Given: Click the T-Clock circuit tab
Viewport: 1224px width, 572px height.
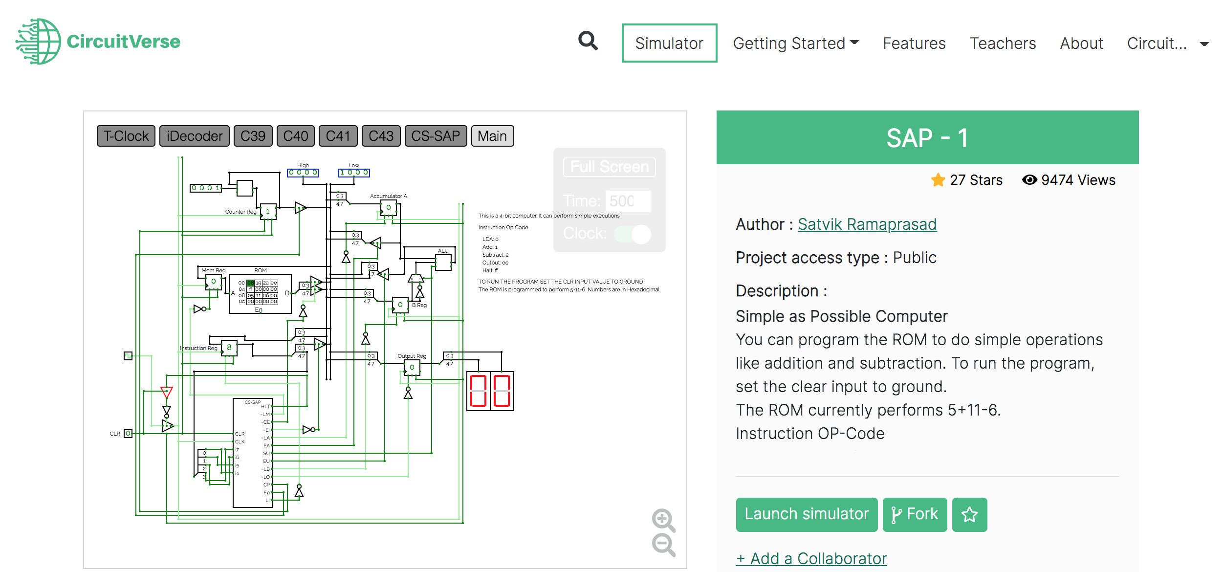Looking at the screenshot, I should coord(126,136).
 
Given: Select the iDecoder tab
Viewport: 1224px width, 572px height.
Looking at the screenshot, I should coord(194,136).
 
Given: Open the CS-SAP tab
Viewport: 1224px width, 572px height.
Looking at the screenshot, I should coord(435,136).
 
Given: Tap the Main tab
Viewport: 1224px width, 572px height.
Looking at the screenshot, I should coord(492,136).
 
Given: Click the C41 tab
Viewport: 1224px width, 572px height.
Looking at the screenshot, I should coord(338,136).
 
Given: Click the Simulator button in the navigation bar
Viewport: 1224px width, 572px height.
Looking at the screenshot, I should coord(669,43).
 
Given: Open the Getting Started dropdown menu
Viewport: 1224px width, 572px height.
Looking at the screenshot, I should coord(795,43).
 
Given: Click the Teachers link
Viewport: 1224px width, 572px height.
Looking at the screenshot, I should coord(1003,43).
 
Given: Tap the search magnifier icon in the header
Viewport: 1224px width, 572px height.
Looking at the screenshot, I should coord(588,41).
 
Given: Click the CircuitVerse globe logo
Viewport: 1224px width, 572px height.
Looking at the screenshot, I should coord(38,42).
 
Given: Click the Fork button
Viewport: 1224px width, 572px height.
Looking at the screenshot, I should coord(914,514).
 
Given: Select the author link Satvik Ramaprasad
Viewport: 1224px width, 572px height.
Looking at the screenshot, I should coord(867,224).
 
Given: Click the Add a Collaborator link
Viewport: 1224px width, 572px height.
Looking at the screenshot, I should coord(811,558).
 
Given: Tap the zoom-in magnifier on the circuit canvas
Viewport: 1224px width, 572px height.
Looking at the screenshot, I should coord(663,520).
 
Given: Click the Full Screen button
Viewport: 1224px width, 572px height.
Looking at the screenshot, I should coord(609,167).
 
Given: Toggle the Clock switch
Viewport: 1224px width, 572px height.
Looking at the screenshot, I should coord(633,234).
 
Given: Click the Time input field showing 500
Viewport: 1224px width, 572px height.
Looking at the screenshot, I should coord(628,201).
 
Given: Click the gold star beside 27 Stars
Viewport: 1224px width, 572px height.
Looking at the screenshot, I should coord(938,180).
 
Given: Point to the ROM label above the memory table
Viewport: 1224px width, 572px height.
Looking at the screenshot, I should coord(260,270).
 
